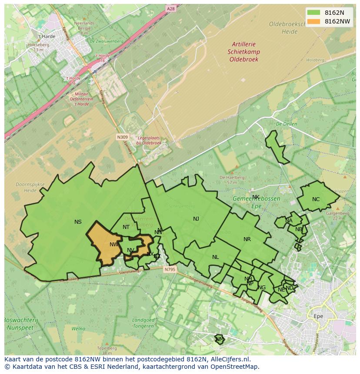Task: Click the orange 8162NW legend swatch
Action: tap(313, 22)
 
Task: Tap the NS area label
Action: tap(78, 222)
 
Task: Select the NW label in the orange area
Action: tap(114, 245)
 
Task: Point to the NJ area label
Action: tap(196, 219)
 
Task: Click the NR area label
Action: tap(247, 239)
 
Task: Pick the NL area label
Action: tap(215, 257)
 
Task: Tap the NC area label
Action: tap(316, 199)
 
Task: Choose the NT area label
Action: tap(126, 227)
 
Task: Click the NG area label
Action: tap(262, 288)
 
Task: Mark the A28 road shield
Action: tap(171, 8)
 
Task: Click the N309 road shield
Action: tap(122, 137)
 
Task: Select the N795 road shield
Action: tap(170, 270)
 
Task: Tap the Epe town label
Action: tap(318, 316)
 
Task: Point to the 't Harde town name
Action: tap(47, 36)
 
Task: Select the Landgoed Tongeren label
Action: tap(143, 323)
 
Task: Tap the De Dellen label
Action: tap(286, 124)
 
